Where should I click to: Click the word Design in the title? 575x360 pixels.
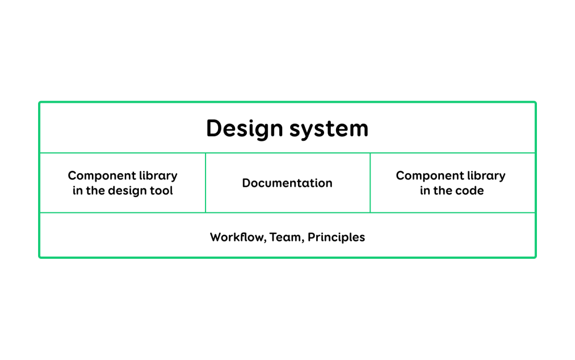pyautogui.click(x=244, y=129)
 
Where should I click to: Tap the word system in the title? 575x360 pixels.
pyautogui.click(x=329, y=129)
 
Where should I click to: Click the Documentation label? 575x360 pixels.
pyautogui.click(x=287, y=183)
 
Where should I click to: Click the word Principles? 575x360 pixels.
pyautogui.click(x=336, y=237)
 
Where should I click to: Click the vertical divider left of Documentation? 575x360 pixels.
pyautogui.click(x=206, y=183)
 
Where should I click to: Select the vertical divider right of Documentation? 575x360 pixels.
pyautogui.click(x=370, y=183)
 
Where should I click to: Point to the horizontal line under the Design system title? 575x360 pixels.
pyautogui.click(x=287, y=153)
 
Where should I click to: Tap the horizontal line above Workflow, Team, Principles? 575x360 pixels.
pyautogui.click(x=287, y=213)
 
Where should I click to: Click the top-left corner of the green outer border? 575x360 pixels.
pyautogui.click(x=39, y=102)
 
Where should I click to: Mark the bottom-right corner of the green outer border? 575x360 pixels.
pyautogui.click(x=536, y=258)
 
